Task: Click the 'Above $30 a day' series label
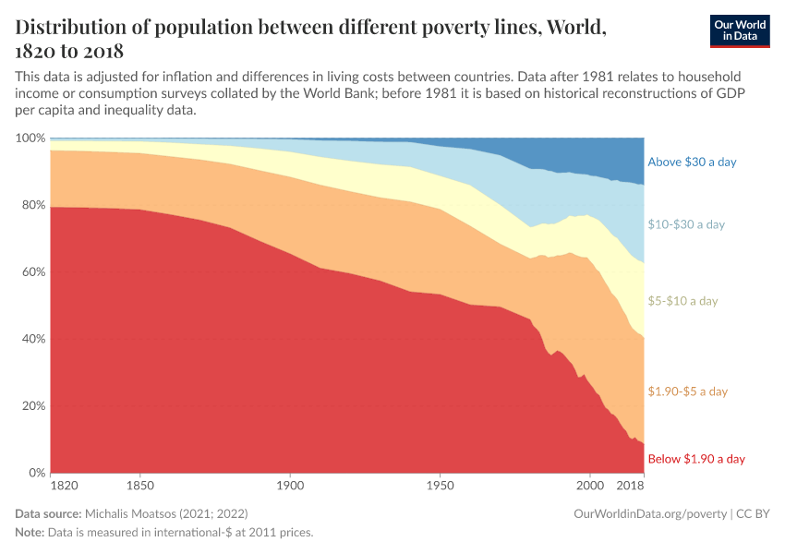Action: [692, 162]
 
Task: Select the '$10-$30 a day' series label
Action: [686, 224]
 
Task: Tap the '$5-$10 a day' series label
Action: [682, 301]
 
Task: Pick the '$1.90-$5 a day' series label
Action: [688, 391]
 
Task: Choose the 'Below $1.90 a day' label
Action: [696, 459]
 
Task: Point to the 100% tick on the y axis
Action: [30, 138]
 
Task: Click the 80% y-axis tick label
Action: [33, 205]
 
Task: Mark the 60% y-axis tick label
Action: [33, 272]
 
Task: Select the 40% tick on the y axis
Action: [33, 339]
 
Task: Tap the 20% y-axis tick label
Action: [33, 406]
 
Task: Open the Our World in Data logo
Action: [740, 30]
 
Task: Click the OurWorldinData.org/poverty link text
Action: [651, 512]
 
